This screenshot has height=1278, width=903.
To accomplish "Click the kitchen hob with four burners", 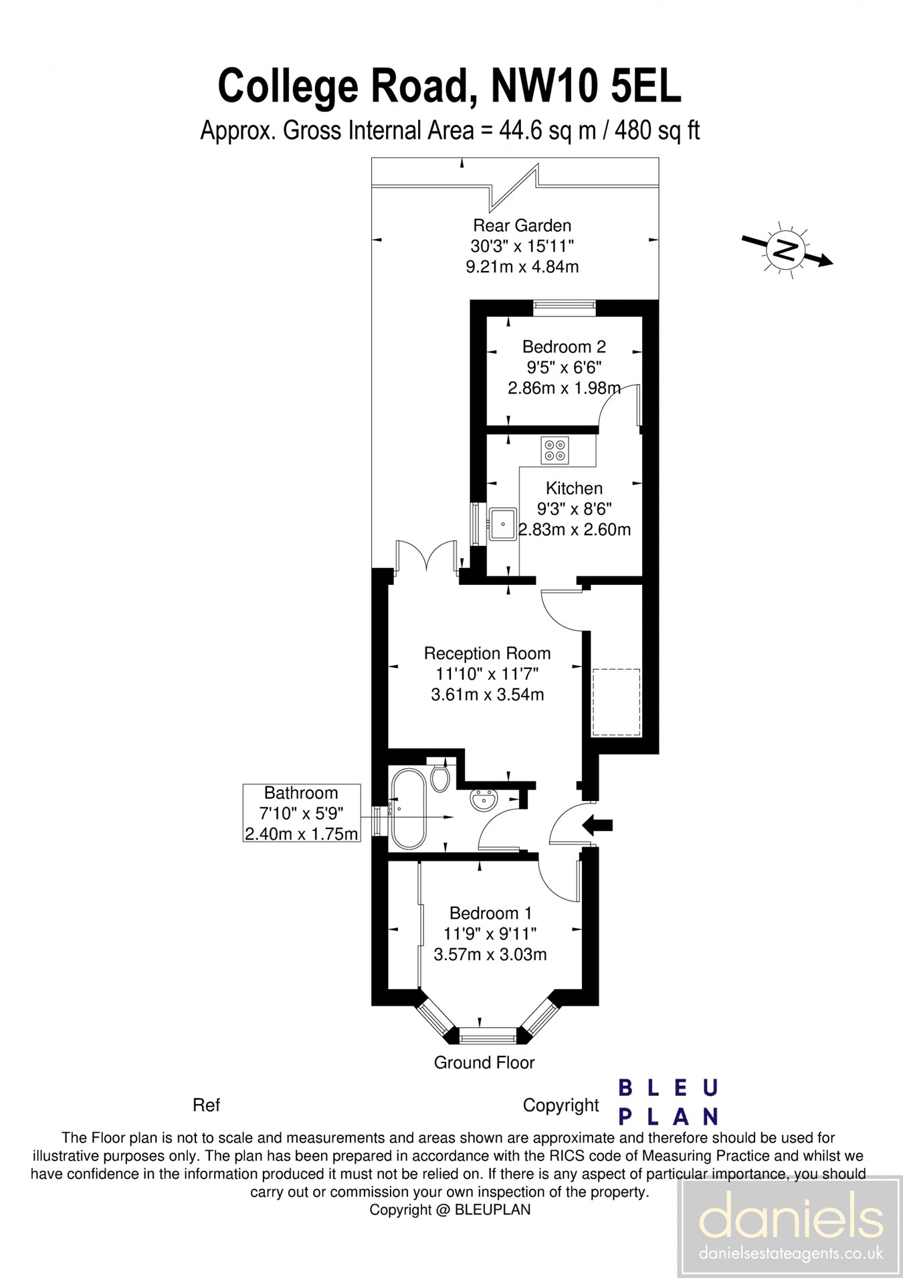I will click(555, 450).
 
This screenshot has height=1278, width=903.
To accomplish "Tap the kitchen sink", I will click(502, 524).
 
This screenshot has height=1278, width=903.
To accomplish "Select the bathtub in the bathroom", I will click(408, 809).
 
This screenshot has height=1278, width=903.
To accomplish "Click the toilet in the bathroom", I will click(439, 778).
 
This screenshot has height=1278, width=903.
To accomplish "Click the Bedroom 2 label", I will click(564, 347).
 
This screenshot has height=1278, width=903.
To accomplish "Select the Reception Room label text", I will click(487, 653).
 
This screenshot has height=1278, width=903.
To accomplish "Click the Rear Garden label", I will click(522, 225).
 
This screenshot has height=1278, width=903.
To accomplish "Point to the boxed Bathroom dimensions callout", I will click(301, 813).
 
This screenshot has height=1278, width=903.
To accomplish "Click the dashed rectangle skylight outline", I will click(616, 702).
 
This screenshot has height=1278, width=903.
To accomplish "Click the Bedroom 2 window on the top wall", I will click(565, 306).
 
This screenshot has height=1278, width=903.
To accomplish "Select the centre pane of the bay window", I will click(488, 1039).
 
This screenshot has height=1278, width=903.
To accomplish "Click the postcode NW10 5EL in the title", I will click(586, 86).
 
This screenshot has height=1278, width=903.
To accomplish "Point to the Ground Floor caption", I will click(484, 1063).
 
